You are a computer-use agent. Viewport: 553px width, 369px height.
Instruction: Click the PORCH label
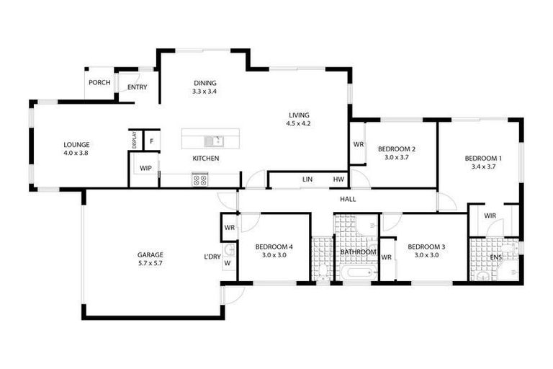99,83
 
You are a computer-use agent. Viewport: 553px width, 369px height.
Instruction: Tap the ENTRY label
137,88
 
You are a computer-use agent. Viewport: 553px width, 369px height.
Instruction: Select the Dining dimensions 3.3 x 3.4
204,92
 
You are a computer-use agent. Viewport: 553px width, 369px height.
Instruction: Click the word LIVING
299,115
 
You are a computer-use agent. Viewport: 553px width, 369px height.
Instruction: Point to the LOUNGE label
76,144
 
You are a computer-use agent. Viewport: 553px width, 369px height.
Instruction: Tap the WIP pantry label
145,169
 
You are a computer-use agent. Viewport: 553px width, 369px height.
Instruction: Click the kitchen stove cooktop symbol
199,180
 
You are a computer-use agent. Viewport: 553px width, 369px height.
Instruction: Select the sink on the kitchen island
214,140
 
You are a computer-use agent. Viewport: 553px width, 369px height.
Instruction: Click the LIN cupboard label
307,179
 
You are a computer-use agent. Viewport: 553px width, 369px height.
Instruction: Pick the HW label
338,179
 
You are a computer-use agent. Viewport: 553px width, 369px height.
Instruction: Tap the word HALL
349,200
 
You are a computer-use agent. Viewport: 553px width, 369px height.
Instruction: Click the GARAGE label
150,254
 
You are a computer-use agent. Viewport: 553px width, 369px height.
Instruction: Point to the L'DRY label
212,256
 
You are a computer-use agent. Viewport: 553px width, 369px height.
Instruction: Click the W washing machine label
227,263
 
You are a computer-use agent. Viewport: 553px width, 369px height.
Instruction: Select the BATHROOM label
359,252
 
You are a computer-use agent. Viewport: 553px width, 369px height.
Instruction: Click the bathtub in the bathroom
358,275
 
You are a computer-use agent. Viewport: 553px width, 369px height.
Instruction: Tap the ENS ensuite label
496,258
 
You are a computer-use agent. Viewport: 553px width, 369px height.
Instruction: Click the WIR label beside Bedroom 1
490,215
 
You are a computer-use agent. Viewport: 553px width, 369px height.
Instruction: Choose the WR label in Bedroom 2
358,144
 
